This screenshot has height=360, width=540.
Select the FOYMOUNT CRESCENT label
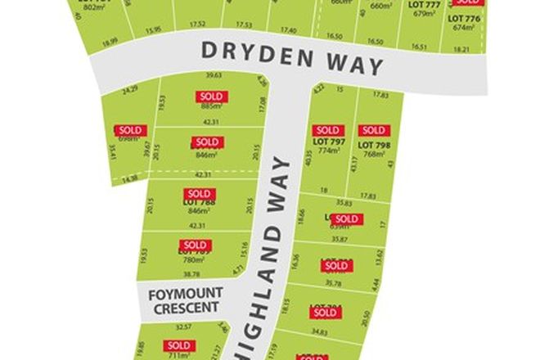pos(183,300)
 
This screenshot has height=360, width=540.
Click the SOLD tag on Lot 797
pos(327,130)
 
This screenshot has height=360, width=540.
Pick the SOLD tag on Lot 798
pos(372,130)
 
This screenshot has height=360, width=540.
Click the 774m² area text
pos(327,151)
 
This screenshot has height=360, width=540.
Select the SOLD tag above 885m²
pos(209,97)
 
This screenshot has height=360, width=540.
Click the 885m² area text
pos(209,107)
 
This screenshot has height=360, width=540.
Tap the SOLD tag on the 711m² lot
pos(178,345)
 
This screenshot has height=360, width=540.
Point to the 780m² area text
pos(195,259)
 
